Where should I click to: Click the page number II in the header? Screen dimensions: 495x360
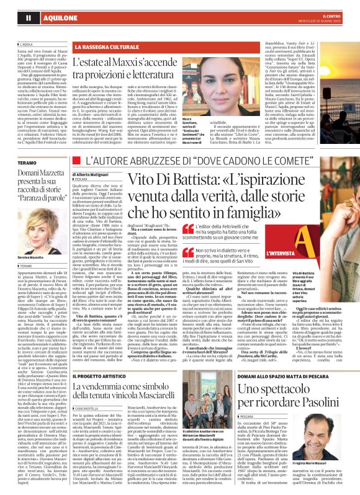click(11, 19)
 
